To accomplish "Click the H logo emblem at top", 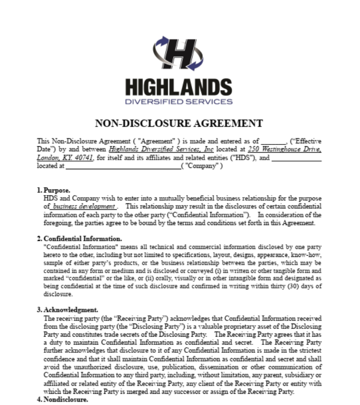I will [x=180, y=53].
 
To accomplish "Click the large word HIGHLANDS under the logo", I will [x=179, y=86].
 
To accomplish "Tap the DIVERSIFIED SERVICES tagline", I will [x=179, y=101].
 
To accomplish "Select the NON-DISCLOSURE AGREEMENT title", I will [x=179, y=123].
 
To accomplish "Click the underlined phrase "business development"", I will [x=83, y=207].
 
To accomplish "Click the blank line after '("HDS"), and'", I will [x=297, y=158].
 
